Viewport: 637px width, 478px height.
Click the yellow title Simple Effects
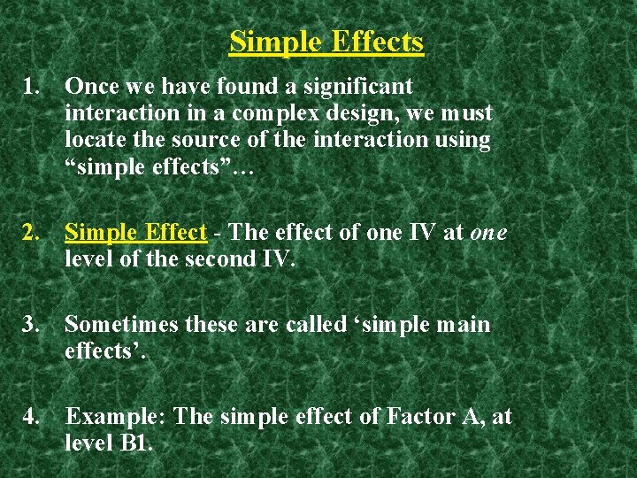pos(326,42)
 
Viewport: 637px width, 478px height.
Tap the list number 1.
pos(33,87)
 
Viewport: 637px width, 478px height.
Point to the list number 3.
pos(33,325)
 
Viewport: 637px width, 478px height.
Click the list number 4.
pos(33,416)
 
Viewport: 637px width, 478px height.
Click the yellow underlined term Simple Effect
pos(135,233)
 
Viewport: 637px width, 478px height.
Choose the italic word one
pos(488,233)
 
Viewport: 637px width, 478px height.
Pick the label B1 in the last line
pos(135,443)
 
